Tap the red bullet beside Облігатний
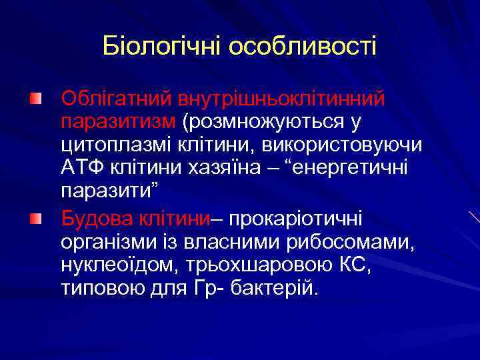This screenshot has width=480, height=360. coord(35,99)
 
